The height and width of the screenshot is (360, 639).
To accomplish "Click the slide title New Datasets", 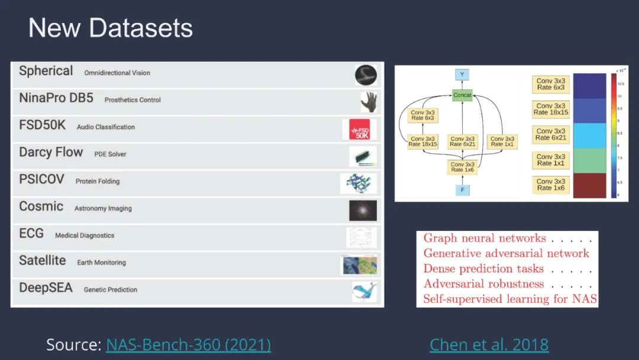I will [x=111, y=28].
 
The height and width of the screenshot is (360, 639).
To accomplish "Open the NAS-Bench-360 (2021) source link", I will [x=188, y=345].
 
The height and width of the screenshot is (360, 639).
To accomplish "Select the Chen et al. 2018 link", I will [x=489, y=345].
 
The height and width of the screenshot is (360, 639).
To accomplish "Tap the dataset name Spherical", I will [x=46, y=71].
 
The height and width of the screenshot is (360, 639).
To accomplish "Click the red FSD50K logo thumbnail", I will [x=359, y=129].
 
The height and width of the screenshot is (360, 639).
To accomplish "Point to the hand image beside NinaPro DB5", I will [x=368, y=102].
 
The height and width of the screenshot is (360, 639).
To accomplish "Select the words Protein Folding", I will [x=98, y=181].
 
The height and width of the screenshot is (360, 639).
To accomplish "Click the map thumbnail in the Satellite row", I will [x=359, y=265].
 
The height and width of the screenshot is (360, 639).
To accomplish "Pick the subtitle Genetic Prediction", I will [x=111, y=290].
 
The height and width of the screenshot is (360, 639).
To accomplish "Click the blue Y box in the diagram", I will [x=462, y=75].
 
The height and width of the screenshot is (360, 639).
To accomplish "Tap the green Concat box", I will [x=462, y=95].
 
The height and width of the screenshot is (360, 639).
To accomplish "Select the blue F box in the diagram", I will [x=462, y=189].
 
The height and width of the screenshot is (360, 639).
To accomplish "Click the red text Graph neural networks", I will [x=485, y=239].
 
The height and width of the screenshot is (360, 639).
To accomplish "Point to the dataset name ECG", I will [x=31, y=234].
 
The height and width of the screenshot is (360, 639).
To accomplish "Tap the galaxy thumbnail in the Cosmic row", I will [x=362, y=210].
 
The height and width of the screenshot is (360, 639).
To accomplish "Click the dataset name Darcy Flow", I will [x=51, y=153].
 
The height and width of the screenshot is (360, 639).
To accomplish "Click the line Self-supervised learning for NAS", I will [x=510, y=299].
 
